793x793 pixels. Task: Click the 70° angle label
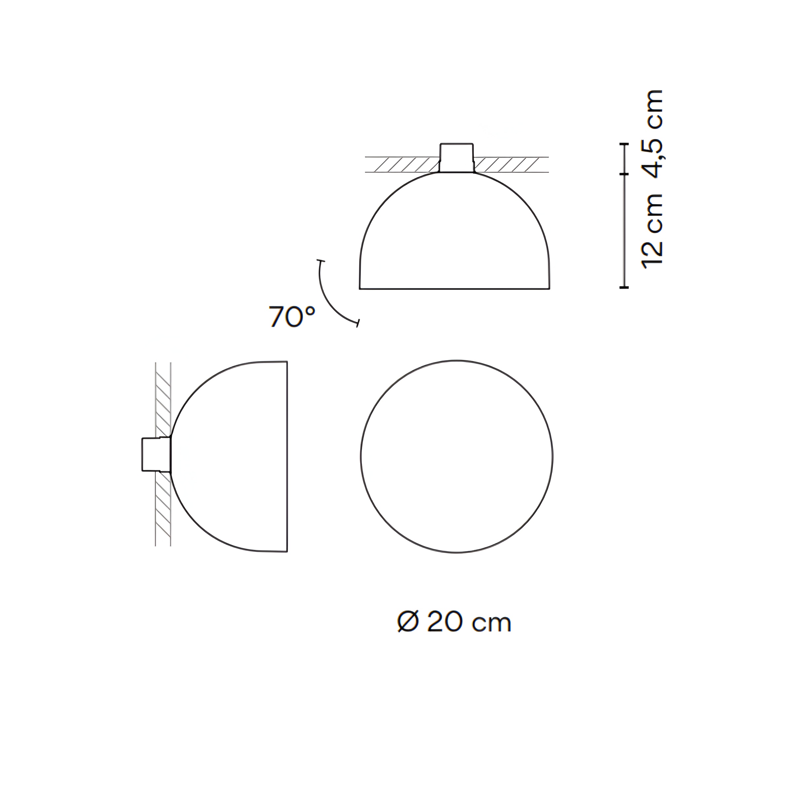(292, 317)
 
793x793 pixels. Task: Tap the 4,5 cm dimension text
(652, 133)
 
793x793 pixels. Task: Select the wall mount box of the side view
(156, 454)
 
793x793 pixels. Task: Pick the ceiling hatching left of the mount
(402, 165)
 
